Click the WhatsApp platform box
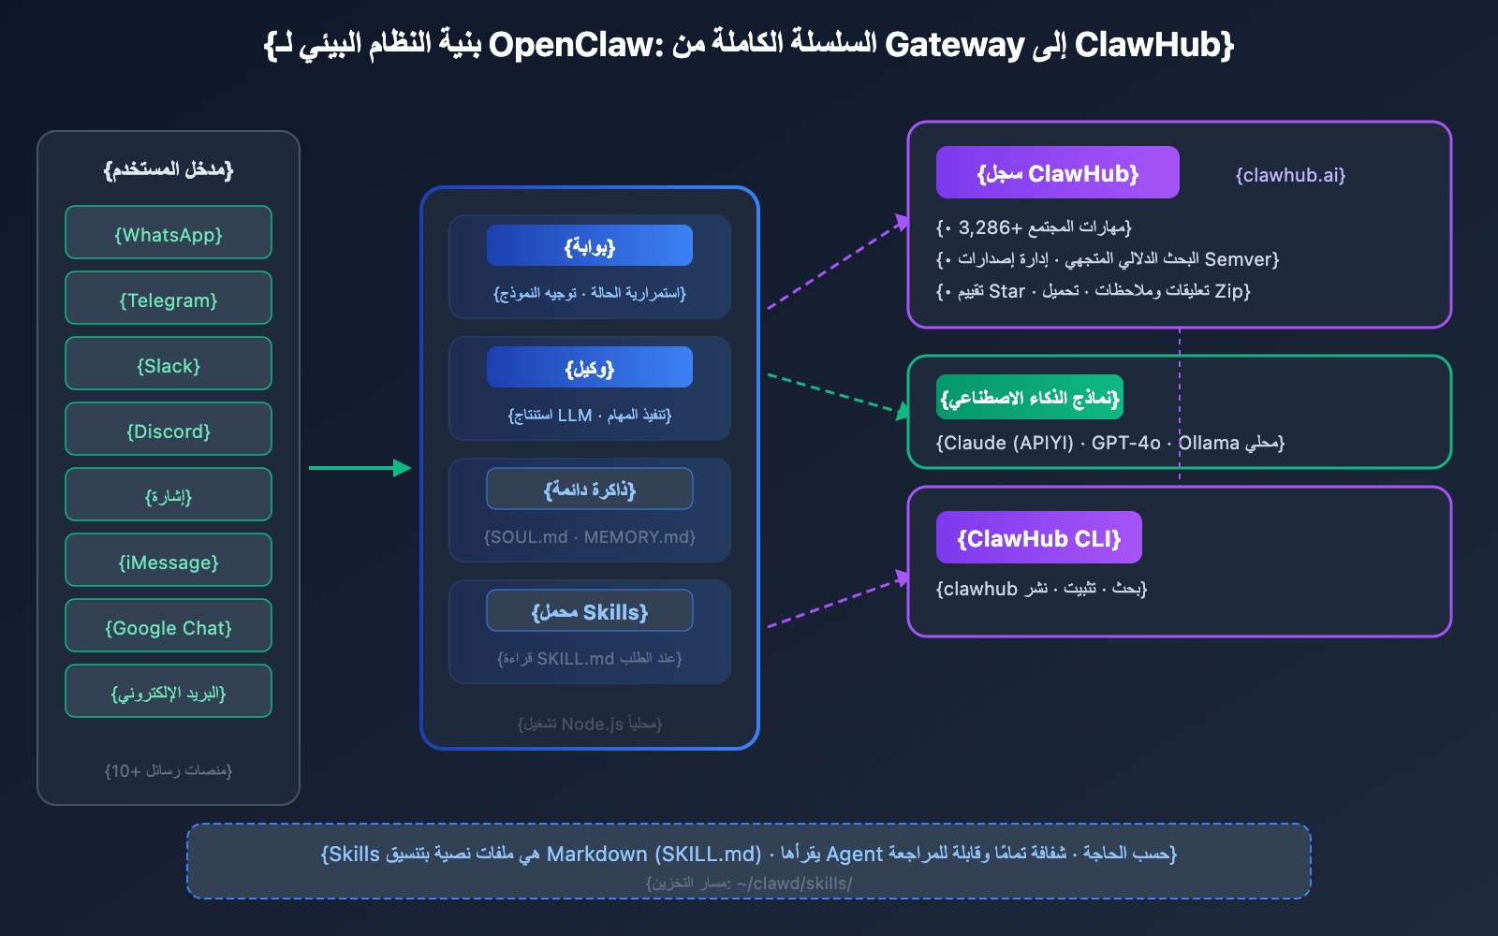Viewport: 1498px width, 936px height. [169, 233]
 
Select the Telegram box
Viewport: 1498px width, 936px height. [169, 299]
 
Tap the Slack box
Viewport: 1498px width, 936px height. [169, 364]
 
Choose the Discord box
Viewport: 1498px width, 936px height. [169, 430]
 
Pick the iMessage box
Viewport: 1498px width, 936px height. [169, 561]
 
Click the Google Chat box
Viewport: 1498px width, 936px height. [169, 626]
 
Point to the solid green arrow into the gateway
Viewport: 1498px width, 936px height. [360, 468]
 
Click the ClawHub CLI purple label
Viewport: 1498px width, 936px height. [1038, 538]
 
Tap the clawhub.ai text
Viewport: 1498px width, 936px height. [1290, 175]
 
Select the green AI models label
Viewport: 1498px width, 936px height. [1029, 398]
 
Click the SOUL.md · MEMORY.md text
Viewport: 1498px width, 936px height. [590, 537]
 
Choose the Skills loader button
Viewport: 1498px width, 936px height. [590, 611]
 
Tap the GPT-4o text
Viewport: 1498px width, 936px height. [1125, 443]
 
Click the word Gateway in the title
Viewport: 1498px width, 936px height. [954, 44]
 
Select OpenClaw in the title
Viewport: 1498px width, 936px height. [575, 44]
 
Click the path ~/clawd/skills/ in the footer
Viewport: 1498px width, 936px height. [794, 883]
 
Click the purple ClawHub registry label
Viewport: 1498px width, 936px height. [1057, 173]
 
